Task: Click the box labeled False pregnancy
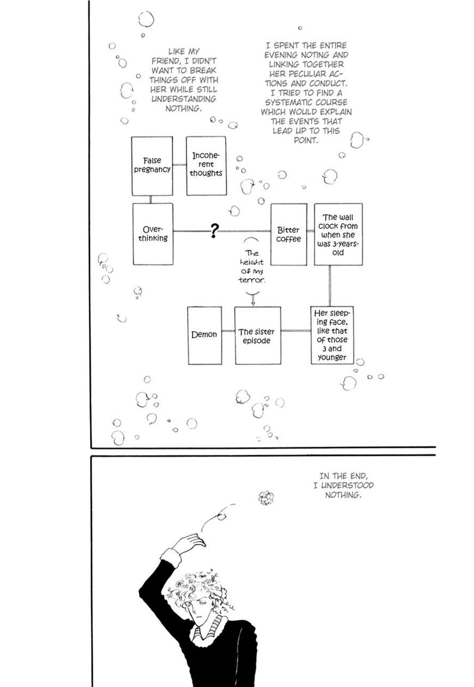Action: coord(152,166)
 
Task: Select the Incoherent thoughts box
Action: coord(206,166)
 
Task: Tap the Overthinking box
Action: coord(153,234)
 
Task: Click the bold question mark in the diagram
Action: coord(214,232)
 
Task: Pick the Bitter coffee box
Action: coord(289,234)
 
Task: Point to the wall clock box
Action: coord(338,234)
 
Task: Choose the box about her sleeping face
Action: coord(332,335)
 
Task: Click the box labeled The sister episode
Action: coord(257,335)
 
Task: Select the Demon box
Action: coord(205,335)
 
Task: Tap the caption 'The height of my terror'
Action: coord(251,267)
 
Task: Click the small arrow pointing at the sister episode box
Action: coord(252,299)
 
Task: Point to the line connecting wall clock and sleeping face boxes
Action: coord(330,285)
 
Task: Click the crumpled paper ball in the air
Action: coord(266,497)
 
